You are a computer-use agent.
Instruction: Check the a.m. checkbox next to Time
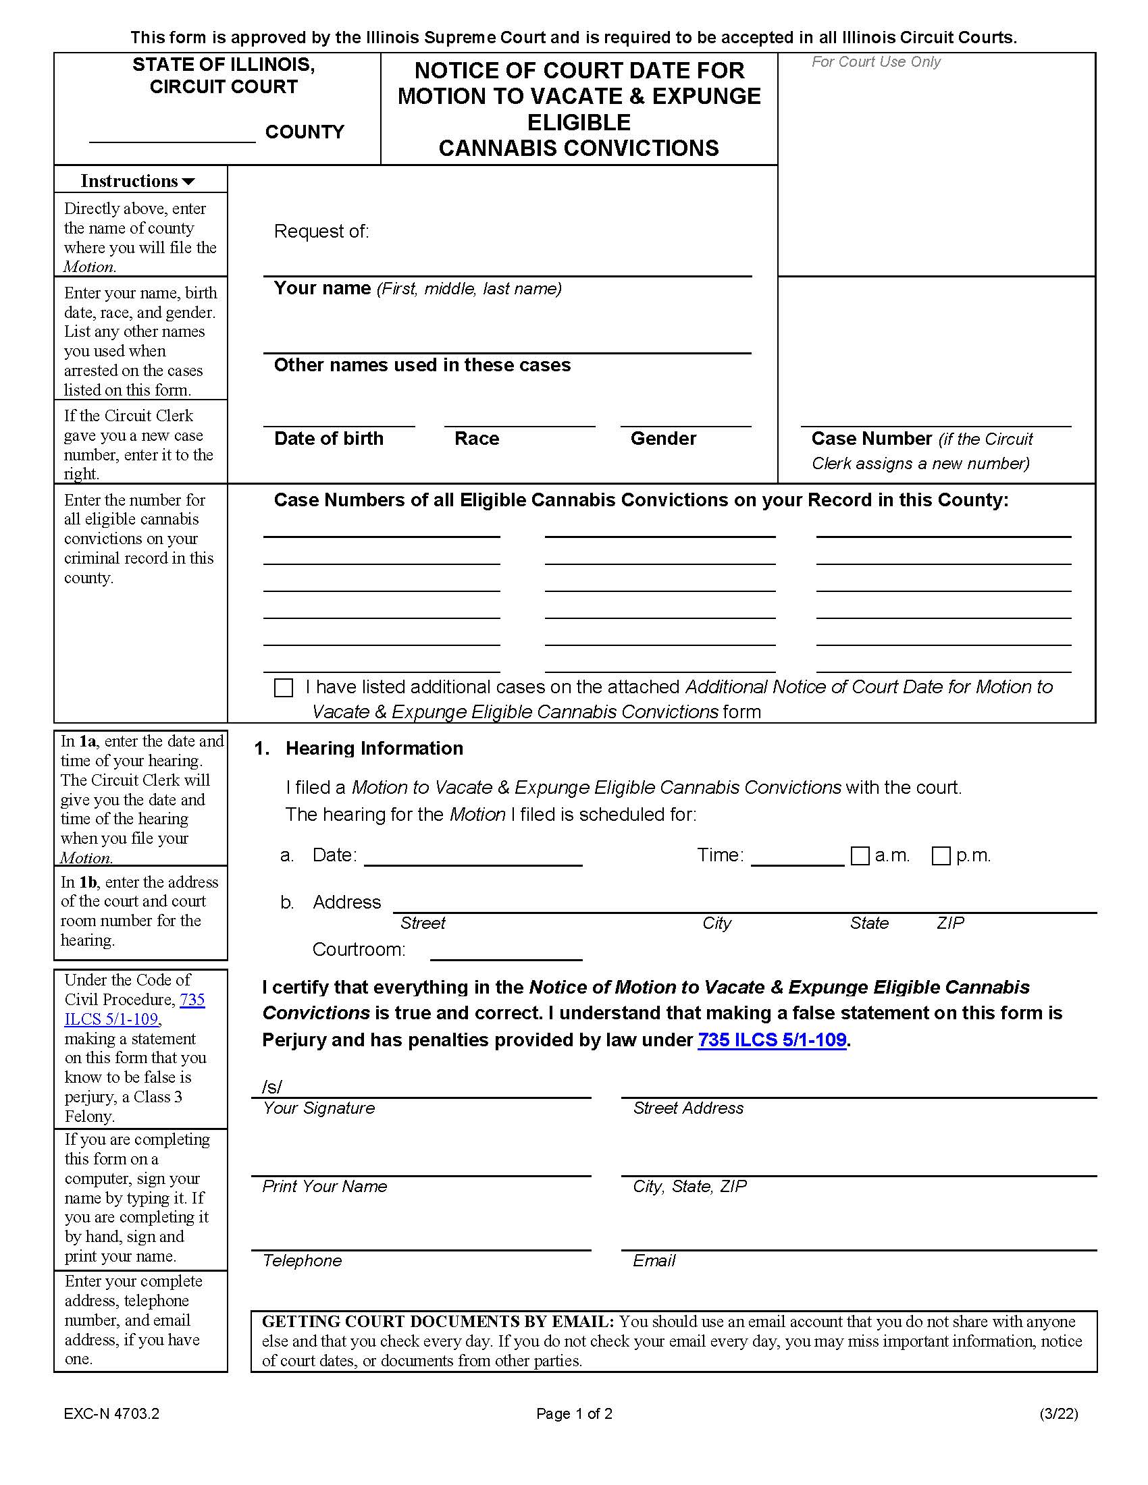860,855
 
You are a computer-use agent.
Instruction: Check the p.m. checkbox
941,855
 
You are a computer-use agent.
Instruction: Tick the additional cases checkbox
283,687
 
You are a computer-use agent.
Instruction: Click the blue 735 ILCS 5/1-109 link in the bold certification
771,1039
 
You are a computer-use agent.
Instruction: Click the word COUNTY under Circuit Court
304,132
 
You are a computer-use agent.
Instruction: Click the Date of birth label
328,439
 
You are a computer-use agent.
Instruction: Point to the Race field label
476,439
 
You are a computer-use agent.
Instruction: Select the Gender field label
662,439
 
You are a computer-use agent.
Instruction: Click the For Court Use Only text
875,62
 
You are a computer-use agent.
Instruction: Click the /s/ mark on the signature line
271,1087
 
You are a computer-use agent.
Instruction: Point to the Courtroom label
359,949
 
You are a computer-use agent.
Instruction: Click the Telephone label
302,1261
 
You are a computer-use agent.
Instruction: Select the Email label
654,1261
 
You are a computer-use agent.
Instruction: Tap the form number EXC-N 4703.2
111,1413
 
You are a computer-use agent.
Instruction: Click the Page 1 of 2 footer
574,1413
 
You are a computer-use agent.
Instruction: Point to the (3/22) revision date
1058,1413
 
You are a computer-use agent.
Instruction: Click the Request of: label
321,232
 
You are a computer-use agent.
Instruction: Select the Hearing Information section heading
373,749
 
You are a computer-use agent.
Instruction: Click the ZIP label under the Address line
949,923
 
